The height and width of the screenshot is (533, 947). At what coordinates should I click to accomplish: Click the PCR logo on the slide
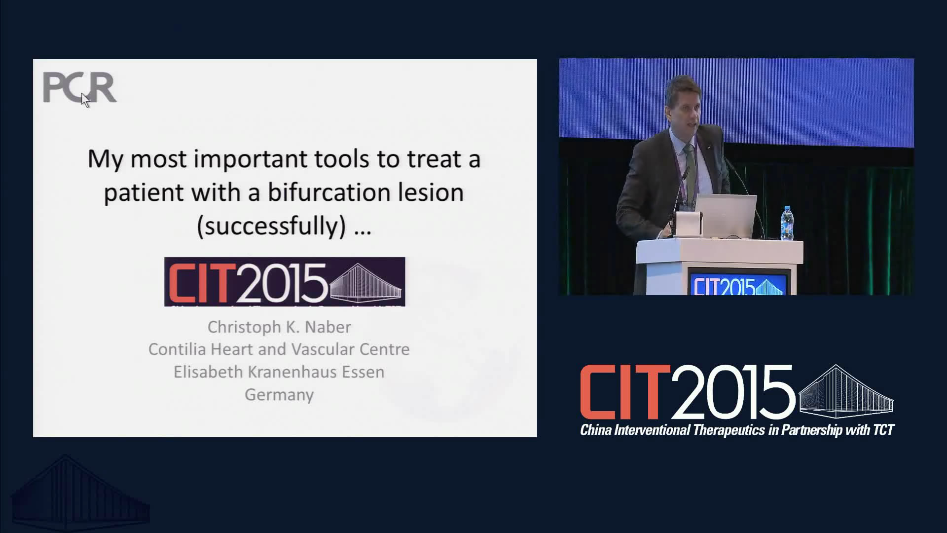79,87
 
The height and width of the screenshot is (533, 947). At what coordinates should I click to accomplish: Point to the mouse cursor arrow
85,100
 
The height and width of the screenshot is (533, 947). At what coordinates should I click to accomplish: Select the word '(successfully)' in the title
271,226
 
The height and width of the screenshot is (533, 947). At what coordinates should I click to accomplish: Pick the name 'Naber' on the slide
328,327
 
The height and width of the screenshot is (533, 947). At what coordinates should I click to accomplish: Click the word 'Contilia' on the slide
177,349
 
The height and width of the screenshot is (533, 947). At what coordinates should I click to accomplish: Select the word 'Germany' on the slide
279,395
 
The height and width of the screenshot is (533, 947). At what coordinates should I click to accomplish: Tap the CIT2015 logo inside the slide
285,281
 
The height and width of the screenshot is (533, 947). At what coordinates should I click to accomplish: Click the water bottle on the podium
787,224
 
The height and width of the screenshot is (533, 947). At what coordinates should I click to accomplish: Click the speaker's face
685,109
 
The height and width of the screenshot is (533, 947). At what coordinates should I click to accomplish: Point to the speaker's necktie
690,168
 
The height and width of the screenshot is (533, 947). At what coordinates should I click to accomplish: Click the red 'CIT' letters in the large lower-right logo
625,392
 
